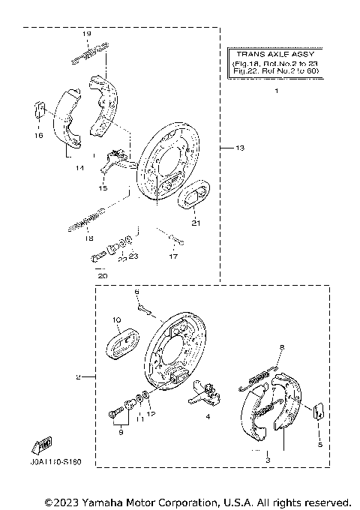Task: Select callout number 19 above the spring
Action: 86,34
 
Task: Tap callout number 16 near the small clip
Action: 38,136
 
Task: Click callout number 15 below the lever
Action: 103,187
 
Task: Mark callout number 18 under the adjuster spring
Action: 88,238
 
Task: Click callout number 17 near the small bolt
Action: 173,256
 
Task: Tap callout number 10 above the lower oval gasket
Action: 117,320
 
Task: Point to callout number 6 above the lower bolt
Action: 137,290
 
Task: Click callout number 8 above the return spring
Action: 282,346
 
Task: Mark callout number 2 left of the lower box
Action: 76,376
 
